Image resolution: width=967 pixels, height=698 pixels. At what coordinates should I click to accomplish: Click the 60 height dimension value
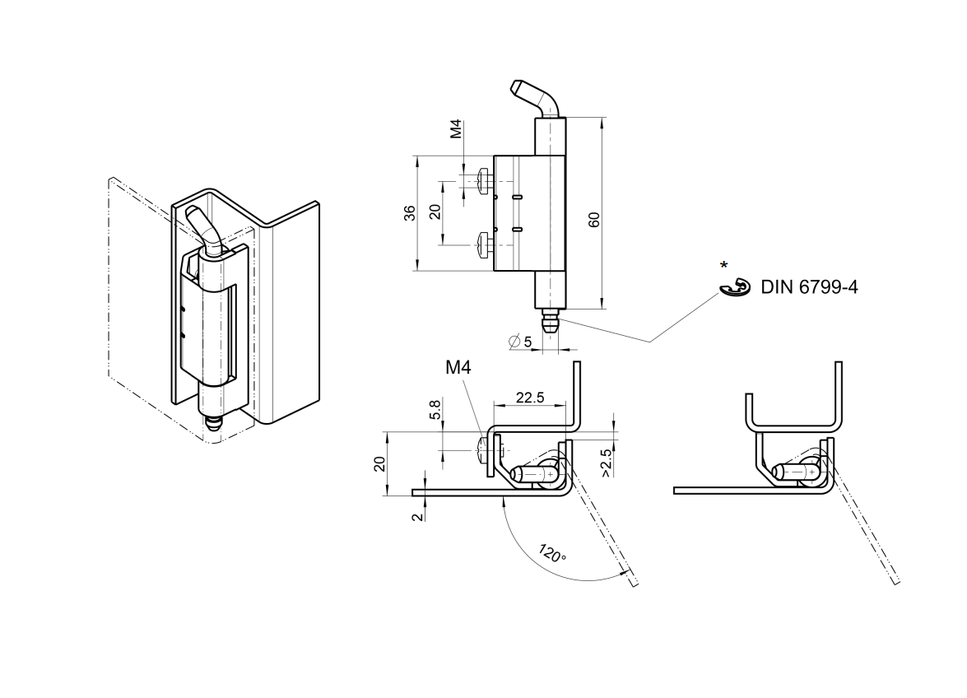click(594, 219)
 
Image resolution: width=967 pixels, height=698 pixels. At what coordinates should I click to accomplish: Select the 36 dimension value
click(409, 212)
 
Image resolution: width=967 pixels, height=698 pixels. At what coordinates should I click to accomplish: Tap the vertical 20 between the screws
click(435, 211)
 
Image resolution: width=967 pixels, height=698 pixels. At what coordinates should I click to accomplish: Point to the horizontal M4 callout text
click(459, 368)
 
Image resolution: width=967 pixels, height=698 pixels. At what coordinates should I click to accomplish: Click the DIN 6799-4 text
click(809, 287)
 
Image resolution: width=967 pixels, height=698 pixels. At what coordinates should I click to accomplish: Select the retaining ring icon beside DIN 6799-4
click(735, 287)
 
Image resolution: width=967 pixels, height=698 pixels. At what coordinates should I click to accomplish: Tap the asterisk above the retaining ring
click(723, 265)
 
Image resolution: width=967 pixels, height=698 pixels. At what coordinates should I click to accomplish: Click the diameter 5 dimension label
click(521, 341)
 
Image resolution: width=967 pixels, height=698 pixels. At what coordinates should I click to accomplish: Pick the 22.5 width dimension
click(529, 398)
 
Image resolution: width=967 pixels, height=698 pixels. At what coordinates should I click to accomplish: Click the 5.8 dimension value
click(435, 407)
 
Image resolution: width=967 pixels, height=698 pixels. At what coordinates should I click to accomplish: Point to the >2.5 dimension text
click(606, 463)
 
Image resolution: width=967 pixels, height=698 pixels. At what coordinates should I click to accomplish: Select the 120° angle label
click(552, 553)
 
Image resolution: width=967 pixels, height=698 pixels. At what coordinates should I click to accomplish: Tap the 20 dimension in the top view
click(379, 463)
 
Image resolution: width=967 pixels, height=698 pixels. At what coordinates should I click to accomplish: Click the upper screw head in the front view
click(483, 178)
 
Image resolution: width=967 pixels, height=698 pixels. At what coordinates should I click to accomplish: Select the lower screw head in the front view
click(483, 242)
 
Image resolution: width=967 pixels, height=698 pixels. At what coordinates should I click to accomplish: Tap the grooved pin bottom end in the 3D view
click(212, 422)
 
